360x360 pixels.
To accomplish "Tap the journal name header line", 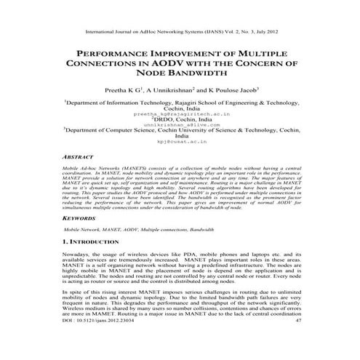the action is (x=180, y=33).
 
